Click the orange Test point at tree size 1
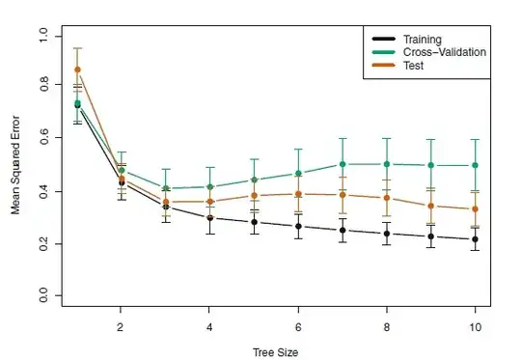pos(77,69)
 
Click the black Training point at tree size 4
pos(209,218)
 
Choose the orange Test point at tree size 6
pos(298,194)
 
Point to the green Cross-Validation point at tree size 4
pos(209,186)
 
